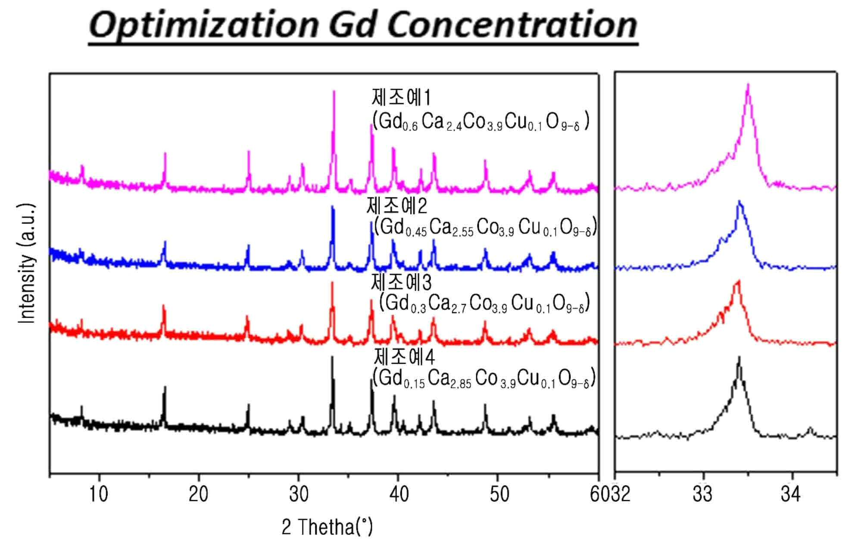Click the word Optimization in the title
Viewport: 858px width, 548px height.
coord(203,25)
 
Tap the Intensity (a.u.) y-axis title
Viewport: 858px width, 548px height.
coord(27,264)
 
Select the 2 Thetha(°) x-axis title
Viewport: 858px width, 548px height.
coord(327,527)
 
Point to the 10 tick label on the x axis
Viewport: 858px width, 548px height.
coord(99,494)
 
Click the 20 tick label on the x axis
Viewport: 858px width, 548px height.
coord(198,494)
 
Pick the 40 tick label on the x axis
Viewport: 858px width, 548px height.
coord(399,494)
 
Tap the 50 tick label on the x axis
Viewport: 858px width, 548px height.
coord(499,494)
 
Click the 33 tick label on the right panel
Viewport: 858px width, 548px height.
coord(702,494)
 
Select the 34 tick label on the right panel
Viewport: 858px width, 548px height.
coord(790,494)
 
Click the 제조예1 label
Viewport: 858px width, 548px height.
coord(401,98)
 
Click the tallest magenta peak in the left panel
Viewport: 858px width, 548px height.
coord(334,91)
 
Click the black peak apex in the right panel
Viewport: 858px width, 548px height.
coord(739,357)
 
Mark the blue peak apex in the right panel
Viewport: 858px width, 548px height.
coord(739,201)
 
